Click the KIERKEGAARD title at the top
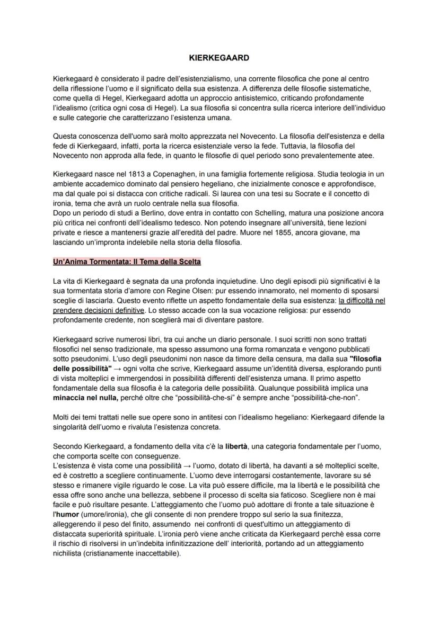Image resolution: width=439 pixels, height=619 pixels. point(219,57)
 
